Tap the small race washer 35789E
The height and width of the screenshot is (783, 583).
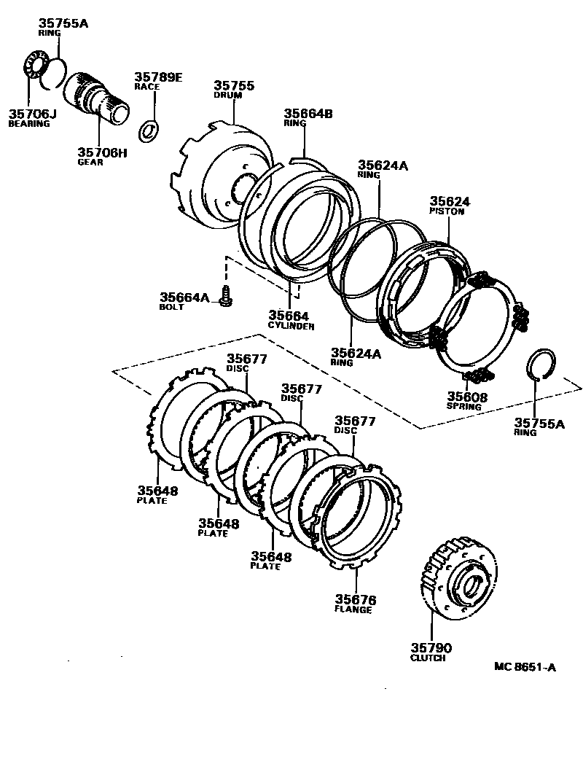pyautogui.click(x=149, y=129)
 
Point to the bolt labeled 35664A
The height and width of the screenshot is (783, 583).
pyautogui.click(x=226, y=296)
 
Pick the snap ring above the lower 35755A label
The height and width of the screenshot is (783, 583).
pyautogui.click(x=540, y=364)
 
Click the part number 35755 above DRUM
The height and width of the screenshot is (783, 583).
pyautogui.click(x=234, y=86)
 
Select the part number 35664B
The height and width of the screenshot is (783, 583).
pyautogui.click(x=308, y=113)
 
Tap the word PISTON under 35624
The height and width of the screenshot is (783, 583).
pyautogui.click(x=446, y=211)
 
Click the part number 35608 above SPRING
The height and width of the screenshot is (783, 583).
pyautogui.click(x=467, y=397)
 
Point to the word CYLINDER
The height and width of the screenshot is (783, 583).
pyautogui.click(x=291, y=326)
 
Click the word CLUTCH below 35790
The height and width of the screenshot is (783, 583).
pyautogui.click(x=428, y=658)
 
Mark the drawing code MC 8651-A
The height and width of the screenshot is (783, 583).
pyautogui.click(x=525, y=666)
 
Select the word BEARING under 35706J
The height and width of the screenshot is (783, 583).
pyautogui.click(x=29, y=124)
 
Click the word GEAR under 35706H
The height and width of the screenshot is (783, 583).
pyautogui.click(x=91, y=162)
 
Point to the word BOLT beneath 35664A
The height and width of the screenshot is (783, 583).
pyautogui.click(x=172, y=307)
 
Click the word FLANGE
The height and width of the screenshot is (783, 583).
pyautogui.click(x=353, y=609)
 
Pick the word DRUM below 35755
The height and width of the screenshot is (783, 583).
pyautogui.click(x=227, y=96)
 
